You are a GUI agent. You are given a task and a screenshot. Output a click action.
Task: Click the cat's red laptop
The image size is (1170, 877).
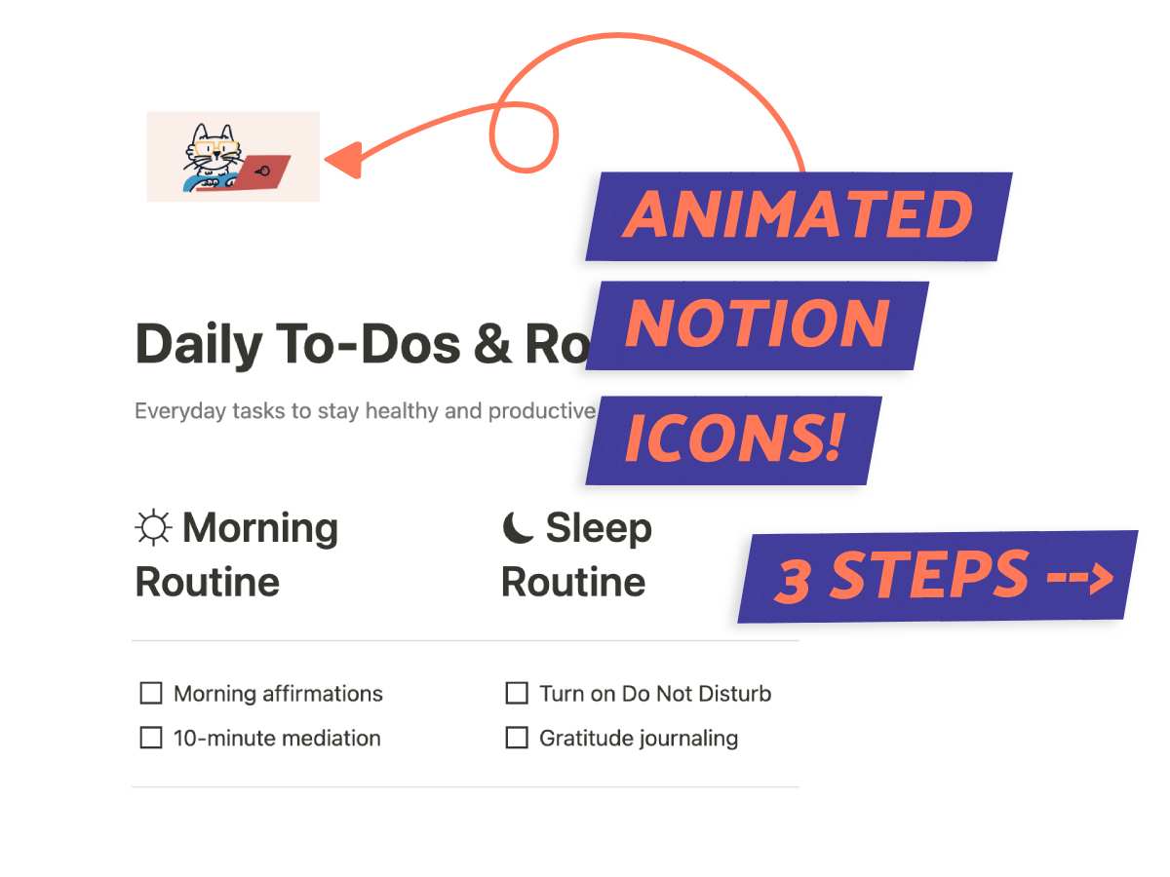tap(255, 172)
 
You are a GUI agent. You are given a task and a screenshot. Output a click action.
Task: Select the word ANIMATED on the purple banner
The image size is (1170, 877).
tap(798, 215)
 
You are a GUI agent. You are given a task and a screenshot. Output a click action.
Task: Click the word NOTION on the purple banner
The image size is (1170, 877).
tap(757, 324)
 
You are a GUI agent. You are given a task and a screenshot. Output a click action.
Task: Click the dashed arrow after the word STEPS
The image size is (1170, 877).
tap(1079, 578)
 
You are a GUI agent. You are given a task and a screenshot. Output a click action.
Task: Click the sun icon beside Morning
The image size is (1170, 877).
tap(153, 528)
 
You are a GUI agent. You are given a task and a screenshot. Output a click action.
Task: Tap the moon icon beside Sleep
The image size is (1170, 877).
tap(518, 528)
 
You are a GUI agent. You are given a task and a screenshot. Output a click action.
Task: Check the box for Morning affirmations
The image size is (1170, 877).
tap(151, 693)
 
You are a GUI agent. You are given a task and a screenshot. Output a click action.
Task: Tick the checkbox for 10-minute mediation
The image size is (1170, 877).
tap(151, 738)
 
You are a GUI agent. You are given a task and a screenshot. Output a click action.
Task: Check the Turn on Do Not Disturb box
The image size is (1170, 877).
tap(517, 693)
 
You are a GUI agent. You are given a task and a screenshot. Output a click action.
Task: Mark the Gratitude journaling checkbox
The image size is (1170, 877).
tap(517, 738)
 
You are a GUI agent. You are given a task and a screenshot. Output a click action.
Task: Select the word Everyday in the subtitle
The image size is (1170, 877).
tap(175, 411)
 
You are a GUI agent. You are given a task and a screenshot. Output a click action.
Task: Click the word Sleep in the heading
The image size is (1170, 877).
tap(598, 528)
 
